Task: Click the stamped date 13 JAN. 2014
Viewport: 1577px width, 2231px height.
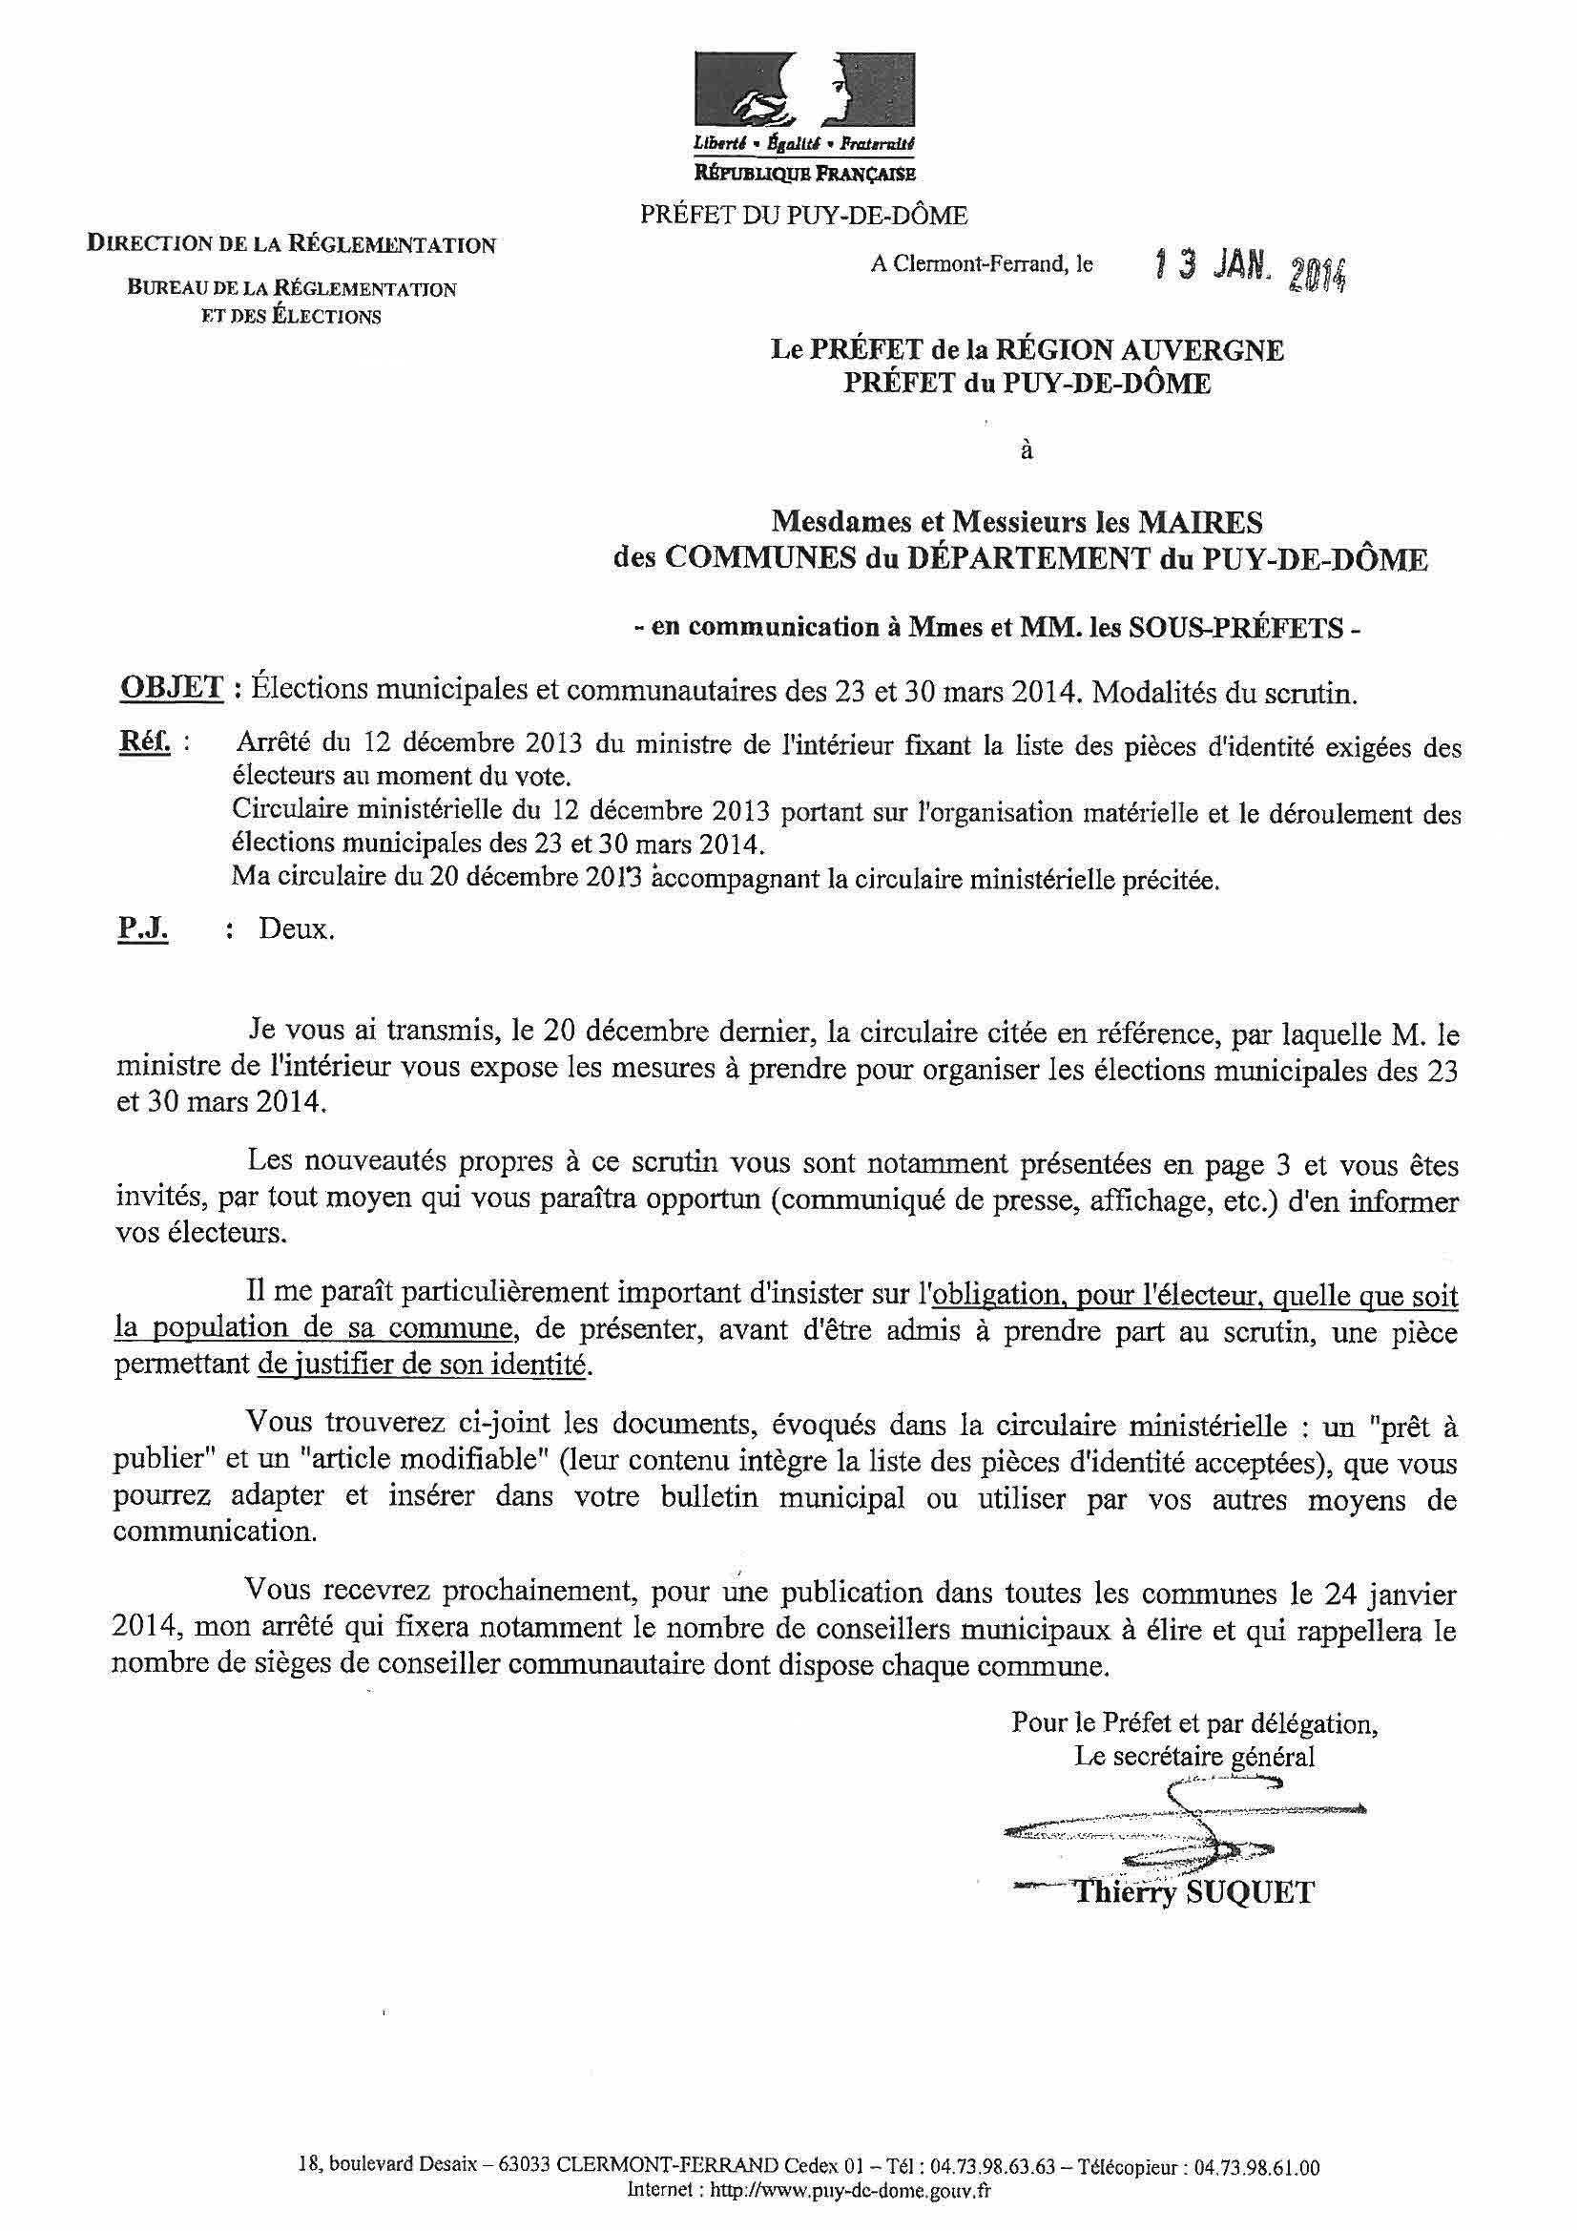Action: point(1247,264)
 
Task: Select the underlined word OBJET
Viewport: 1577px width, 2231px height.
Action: point(171,691)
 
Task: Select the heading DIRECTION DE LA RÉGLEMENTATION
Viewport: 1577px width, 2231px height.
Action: point(292,244)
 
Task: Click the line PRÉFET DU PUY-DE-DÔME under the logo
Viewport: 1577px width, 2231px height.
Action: point(802,216)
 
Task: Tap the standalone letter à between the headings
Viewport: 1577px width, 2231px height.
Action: point(1027,450)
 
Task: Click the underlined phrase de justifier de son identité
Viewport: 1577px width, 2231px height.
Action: point(424,1366)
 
